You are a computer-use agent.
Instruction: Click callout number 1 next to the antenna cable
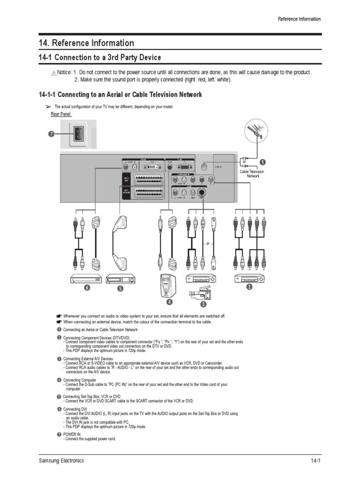[x=262, y=162]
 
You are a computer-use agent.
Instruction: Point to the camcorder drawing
[x=200, y=295]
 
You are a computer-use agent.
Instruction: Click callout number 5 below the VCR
[x=120, y=289]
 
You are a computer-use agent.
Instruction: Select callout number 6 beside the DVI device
[x=86, y=287]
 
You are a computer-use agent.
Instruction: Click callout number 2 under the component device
[x=250, y=287]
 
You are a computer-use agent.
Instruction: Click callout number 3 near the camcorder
[x=203, y=304]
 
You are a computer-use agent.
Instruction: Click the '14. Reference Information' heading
[x=86, y=43]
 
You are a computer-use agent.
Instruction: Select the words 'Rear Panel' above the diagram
[x=60, y=114]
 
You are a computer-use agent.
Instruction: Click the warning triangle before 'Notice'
[x=54, y=73]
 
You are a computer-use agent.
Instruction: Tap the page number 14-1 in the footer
[x=315, y=461]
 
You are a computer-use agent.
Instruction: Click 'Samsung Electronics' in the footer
[x=61, y=461]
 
